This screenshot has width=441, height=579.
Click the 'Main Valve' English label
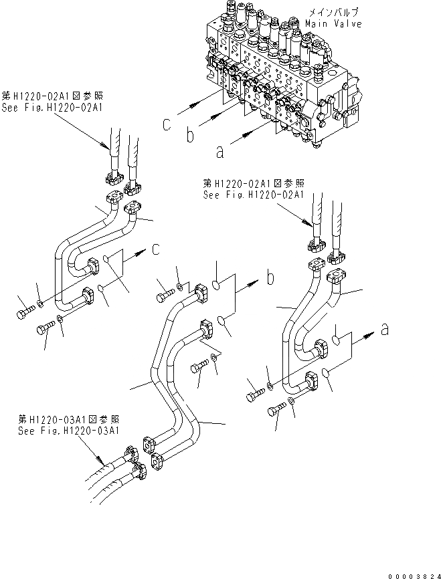click(x=333, y=24)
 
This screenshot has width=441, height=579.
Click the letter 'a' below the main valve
click(x=219, y=152)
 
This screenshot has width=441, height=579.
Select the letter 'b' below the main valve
click(x=190, y=137)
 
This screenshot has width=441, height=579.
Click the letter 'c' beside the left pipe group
click(x=155, y=250)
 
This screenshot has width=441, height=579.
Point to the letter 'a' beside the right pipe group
click(x=384, y=328)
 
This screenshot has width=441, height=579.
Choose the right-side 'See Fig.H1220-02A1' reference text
click(x=253, y=194)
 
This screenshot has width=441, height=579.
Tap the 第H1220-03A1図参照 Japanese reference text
click(x=70, y=420)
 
